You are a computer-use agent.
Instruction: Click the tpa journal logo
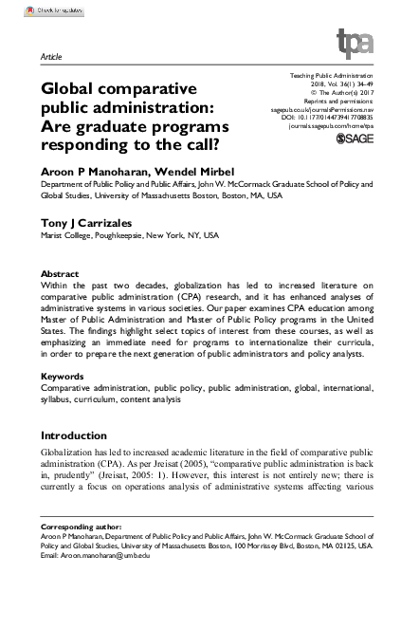click(x=355, y=44)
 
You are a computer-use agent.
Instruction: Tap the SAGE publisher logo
click(x=355, y=139)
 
